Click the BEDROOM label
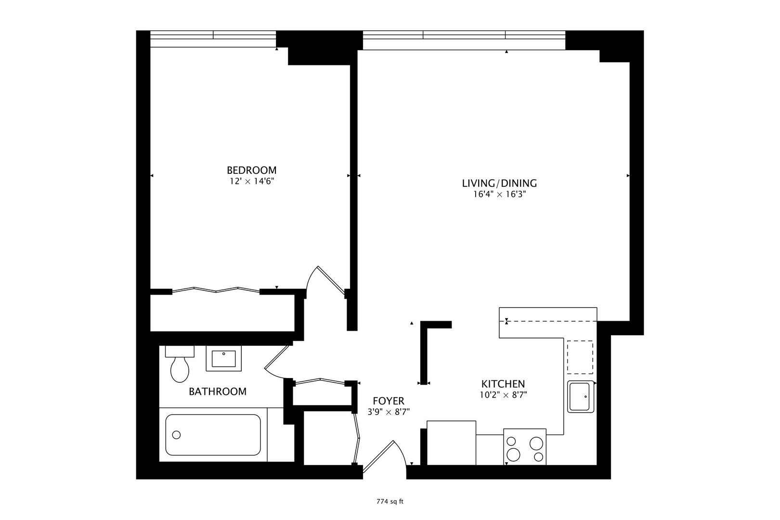point(251,170)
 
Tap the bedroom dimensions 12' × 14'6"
point(251,182)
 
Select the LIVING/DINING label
point(499,183)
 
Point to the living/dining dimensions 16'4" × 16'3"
point(499,195)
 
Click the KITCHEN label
point(503,384)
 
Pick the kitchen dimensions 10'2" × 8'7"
point(503,395)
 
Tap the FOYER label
point(388,401)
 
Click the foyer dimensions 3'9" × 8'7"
point(388,412)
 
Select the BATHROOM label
point(217,391)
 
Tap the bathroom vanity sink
point(224,359)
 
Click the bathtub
point(213,435)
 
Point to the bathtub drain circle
point(176,435)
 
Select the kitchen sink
point(581,396)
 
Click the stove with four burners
point(524,447)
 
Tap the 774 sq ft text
point(390,501)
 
